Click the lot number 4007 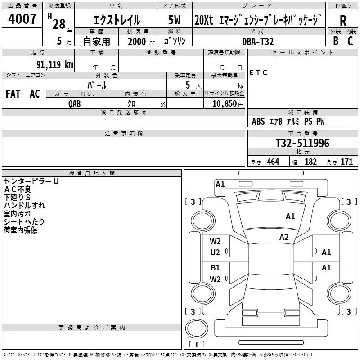(22, 18)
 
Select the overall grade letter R (343, 21)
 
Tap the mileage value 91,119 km (55, 64)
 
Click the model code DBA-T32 (258, 41)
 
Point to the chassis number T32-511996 (302, 143)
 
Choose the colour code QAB (75, 104)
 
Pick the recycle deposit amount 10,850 (224, 103)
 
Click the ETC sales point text (258, 72)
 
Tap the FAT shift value (13, 94)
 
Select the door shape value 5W (174, 20)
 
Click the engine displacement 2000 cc (141, 41)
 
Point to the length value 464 (273, 162)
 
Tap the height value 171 (346, 162)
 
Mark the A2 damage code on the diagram (284, 237)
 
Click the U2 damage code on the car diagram (215, 252)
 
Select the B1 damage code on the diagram (215, 267)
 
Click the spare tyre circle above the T (197, 328)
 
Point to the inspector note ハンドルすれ (24, 206)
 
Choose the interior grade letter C (350, 41)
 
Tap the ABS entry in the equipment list (258, 121)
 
